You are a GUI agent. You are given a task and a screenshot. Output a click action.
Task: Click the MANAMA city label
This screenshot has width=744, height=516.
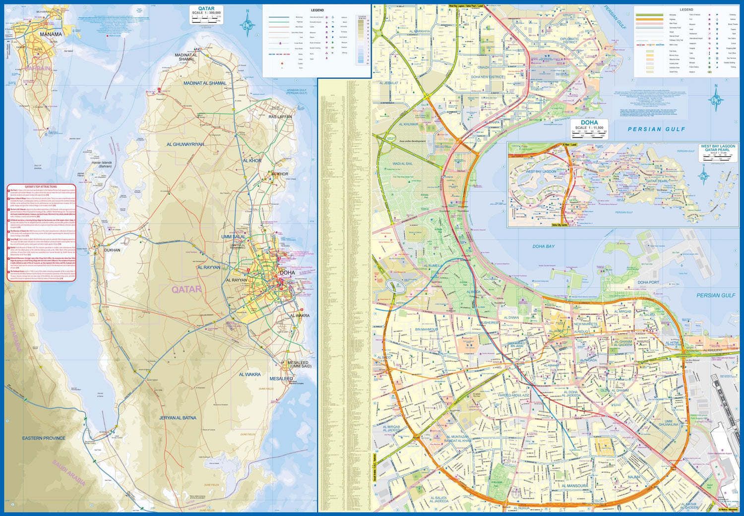[51, 34]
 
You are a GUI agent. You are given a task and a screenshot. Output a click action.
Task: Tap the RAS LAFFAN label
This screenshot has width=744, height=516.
[280, 117]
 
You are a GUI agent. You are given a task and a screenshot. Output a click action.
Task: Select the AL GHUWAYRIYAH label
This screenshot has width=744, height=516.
[185, 145]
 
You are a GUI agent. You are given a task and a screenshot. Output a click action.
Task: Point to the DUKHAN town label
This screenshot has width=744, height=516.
[112, 250]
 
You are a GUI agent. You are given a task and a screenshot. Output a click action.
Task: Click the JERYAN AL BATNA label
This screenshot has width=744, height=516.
[178, 418]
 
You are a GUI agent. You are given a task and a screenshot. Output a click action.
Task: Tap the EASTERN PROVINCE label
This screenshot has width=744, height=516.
[44, 438]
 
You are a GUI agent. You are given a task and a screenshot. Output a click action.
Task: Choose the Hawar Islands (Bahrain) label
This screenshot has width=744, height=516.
[102, 165]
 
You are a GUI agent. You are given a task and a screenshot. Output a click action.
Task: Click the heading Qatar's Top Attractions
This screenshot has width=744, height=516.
[41, 187]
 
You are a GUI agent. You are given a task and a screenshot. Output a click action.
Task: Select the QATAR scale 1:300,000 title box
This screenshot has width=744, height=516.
[206, 14]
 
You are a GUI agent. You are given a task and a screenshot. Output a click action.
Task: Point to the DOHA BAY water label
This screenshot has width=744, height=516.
[543, 246]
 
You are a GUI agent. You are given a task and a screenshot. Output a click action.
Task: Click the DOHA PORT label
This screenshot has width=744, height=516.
[648, 283]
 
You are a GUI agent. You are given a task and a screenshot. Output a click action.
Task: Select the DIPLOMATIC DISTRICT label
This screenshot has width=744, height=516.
[569, 41]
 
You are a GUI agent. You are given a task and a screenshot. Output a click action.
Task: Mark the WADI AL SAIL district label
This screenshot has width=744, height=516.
[402, 164]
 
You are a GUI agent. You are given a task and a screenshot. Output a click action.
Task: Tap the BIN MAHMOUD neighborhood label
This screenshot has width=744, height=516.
[427, 329]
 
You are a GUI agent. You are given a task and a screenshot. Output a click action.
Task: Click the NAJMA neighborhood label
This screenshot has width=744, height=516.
[634, 477]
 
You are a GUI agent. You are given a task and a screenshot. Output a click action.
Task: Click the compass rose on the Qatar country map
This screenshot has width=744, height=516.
[248, 23]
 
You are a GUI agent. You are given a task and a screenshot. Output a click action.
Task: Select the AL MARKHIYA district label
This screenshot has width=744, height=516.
[420, 32]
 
